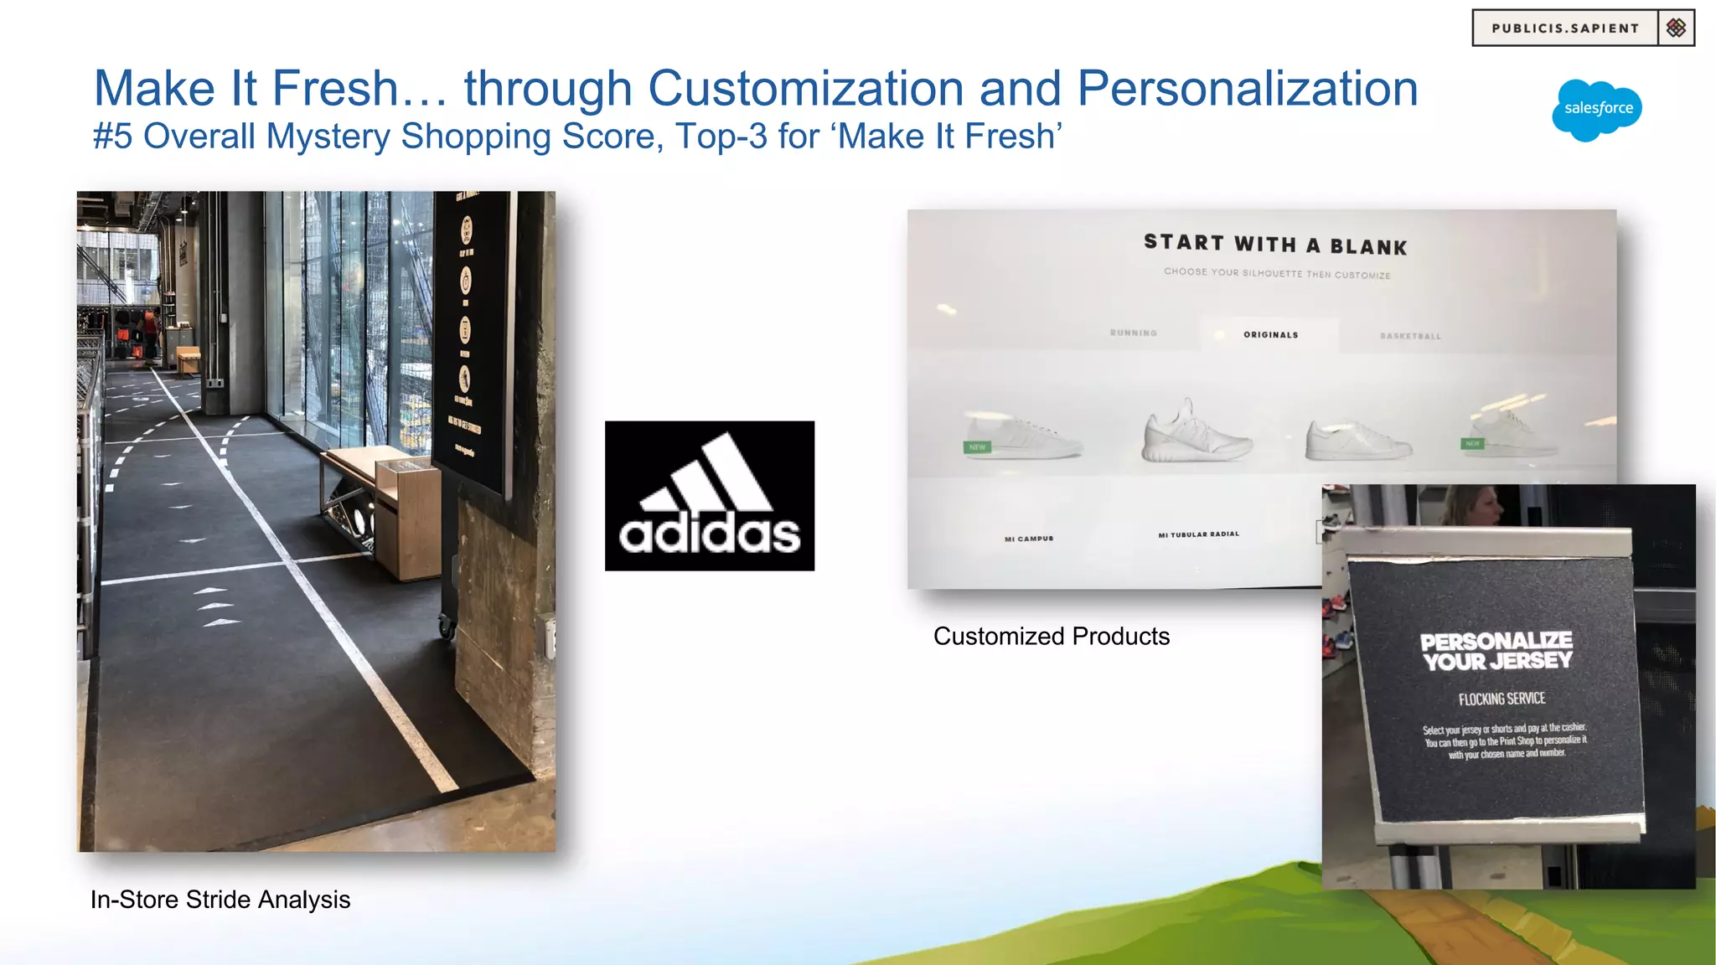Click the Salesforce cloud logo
1597,110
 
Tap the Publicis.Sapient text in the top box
1565,28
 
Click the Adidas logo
710,496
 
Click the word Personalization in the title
1247,88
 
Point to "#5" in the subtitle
112,137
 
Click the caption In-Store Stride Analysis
220,900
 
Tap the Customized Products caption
1051,637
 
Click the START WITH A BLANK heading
1275,245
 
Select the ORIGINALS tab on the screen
1270,335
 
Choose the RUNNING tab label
1133,333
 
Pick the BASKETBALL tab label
1410,337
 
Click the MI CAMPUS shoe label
1029,539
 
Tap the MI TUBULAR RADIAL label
1198,534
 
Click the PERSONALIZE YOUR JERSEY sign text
1496,651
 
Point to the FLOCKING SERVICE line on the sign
1501,699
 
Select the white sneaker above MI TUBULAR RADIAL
1196,432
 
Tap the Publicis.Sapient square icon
1676,28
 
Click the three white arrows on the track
216,606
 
